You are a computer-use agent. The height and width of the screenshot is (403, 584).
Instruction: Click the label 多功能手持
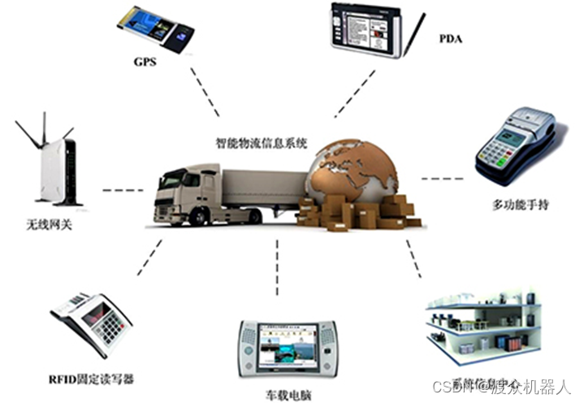[x=521, y=204]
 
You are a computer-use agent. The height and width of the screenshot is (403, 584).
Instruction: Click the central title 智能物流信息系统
[x=261, y=143]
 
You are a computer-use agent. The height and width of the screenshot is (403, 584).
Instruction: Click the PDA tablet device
[x=366, y=31]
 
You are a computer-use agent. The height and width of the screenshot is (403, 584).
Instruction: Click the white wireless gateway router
[x=58, y=167]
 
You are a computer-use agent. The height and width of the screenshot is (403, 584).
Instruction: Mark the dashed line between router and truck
[x=121, y=193]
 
